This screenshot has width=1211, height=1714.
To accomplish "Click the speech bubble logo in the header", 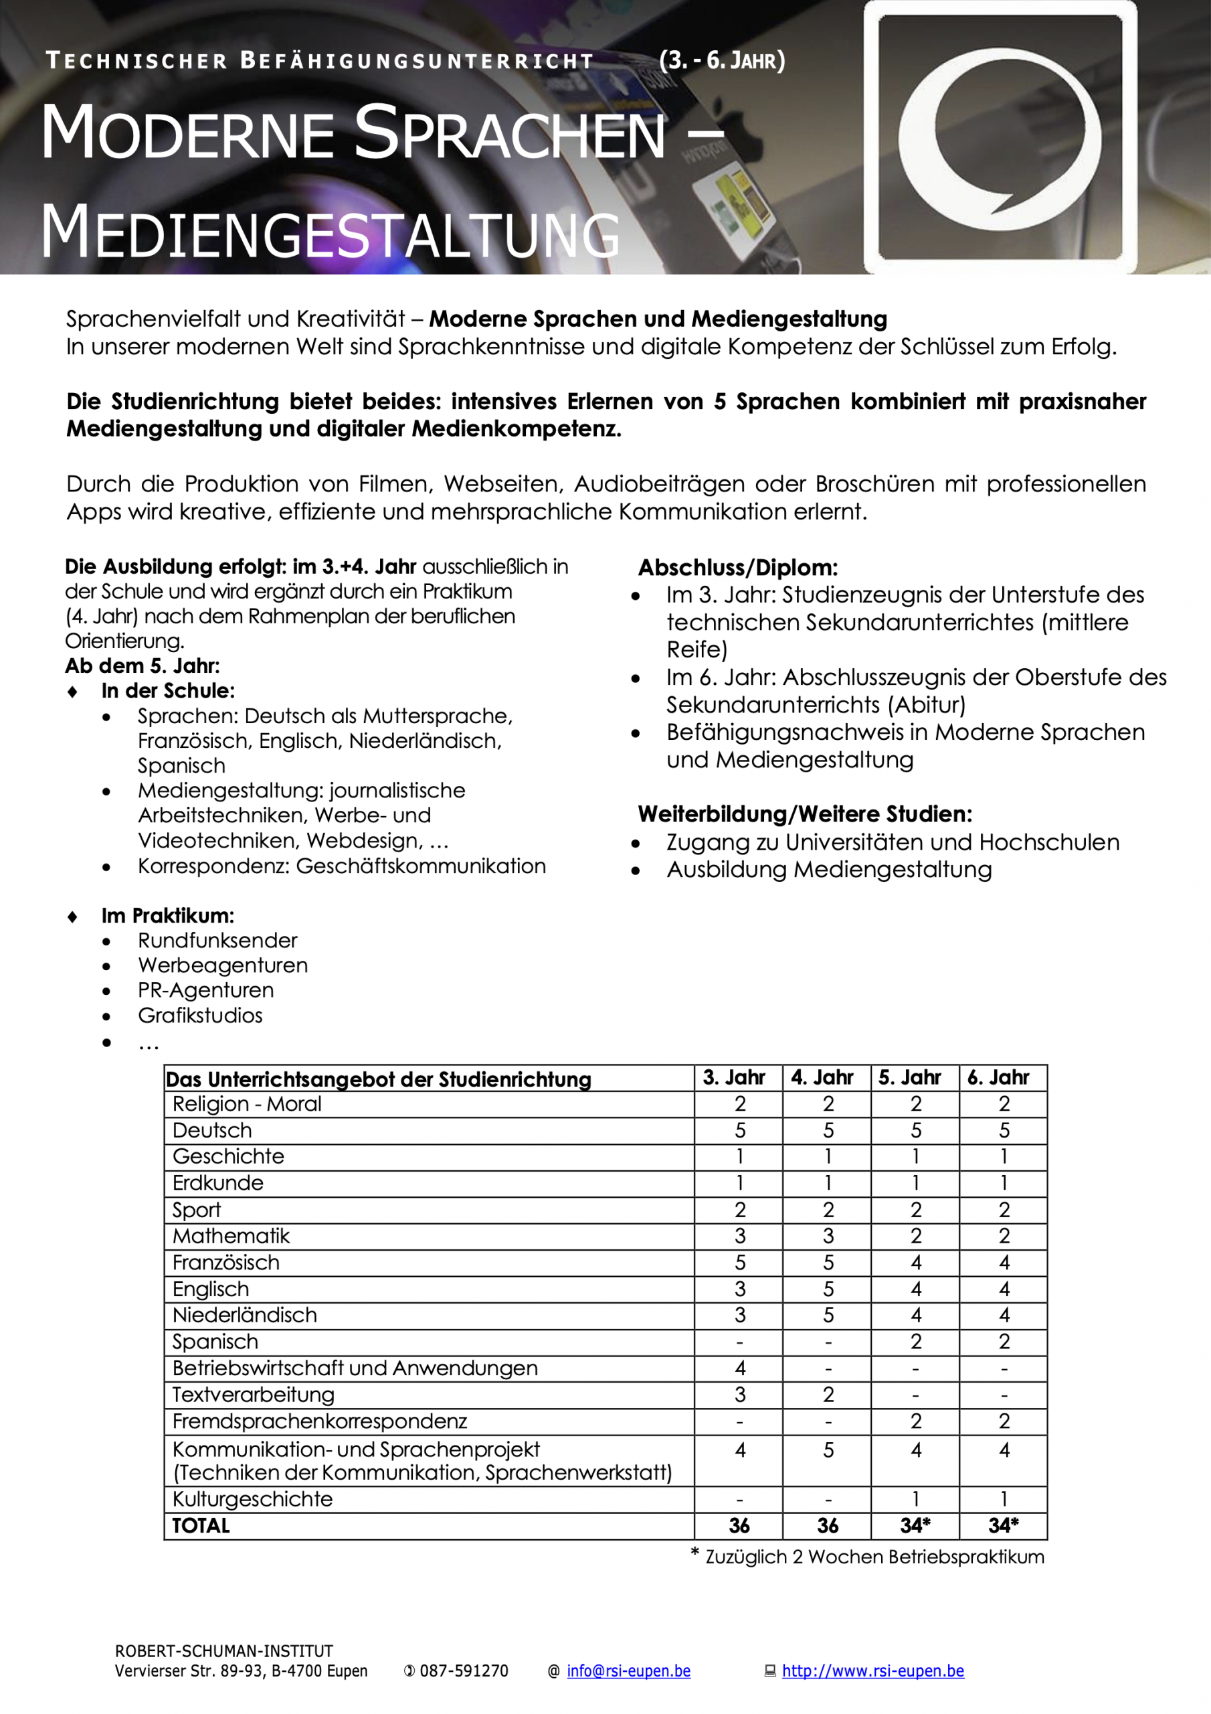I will click(999, 139).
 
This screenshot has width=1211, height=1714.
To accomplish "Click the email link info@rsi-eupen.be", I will click(628, 1670).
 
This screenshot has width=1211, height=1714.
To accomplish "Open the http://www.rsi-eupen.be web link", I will click(872, 1670).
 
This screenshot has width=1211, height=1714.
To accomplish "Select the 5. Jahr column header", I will click(915, 1077).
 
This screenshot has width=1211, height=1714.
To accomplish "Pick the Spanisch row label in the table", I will click(215, 1342).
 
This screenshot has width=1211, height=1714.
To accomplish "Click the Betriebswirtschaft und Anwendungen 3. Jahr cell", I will click(739, 1368).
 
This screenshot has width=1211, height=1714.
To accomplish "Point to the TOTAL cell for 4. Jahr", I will click(828, 1525).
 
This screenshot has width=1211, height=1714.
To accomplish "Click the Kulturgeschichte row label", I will click(252, 1499).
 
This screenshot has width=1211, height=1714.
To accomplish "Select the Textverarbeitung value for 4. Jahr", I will click(828, 1395).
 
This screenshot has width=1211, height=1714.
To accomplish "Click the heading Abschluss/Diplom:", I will click(737, 568).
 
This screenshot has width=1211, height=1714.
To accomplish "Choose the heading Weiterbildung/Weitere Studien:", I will click(804, 813).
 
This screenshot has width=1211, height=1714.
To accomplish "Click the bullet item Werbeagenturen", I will click(222, 965).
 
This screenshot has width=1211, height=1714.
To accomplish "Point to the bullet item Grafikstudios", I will click(200, 1015).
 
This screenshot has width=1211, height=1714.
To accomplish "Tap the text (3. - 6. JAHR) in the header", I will click(721, 60).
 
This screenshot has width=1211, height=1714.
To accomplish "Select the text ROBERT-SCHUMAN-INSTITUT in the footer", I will click(224, 1650).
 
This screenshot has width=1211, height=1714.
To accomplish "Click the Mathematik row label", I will click(231, 1235).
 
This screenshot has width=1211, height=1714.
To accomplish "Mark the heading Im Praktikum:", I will click(168, 915).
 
